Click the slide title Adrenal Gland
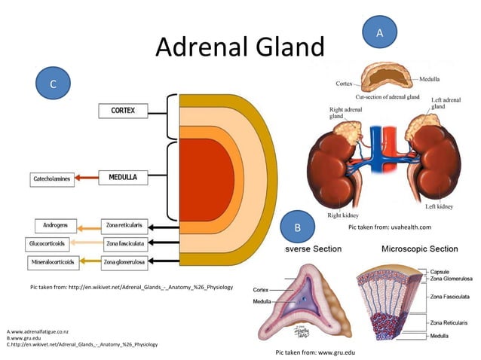pos(239,47)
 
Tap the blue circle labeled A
pos(380,32)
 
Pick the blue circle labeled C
pos(53,84)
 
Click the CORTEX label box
pos(123,111)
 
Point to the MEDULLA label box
pos(123,178)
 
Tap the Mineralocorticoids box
pos(51,262)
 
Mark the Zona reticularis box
pos(124,225)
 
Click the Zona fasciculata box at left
pos(124,243)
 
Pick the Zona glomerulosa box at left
pos(124,262)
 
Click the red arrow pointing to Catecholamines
pos(87,179)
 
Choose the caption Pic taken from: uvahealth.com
pos(389,227)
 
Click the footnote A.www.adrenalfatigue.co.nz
pos(38,331)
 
